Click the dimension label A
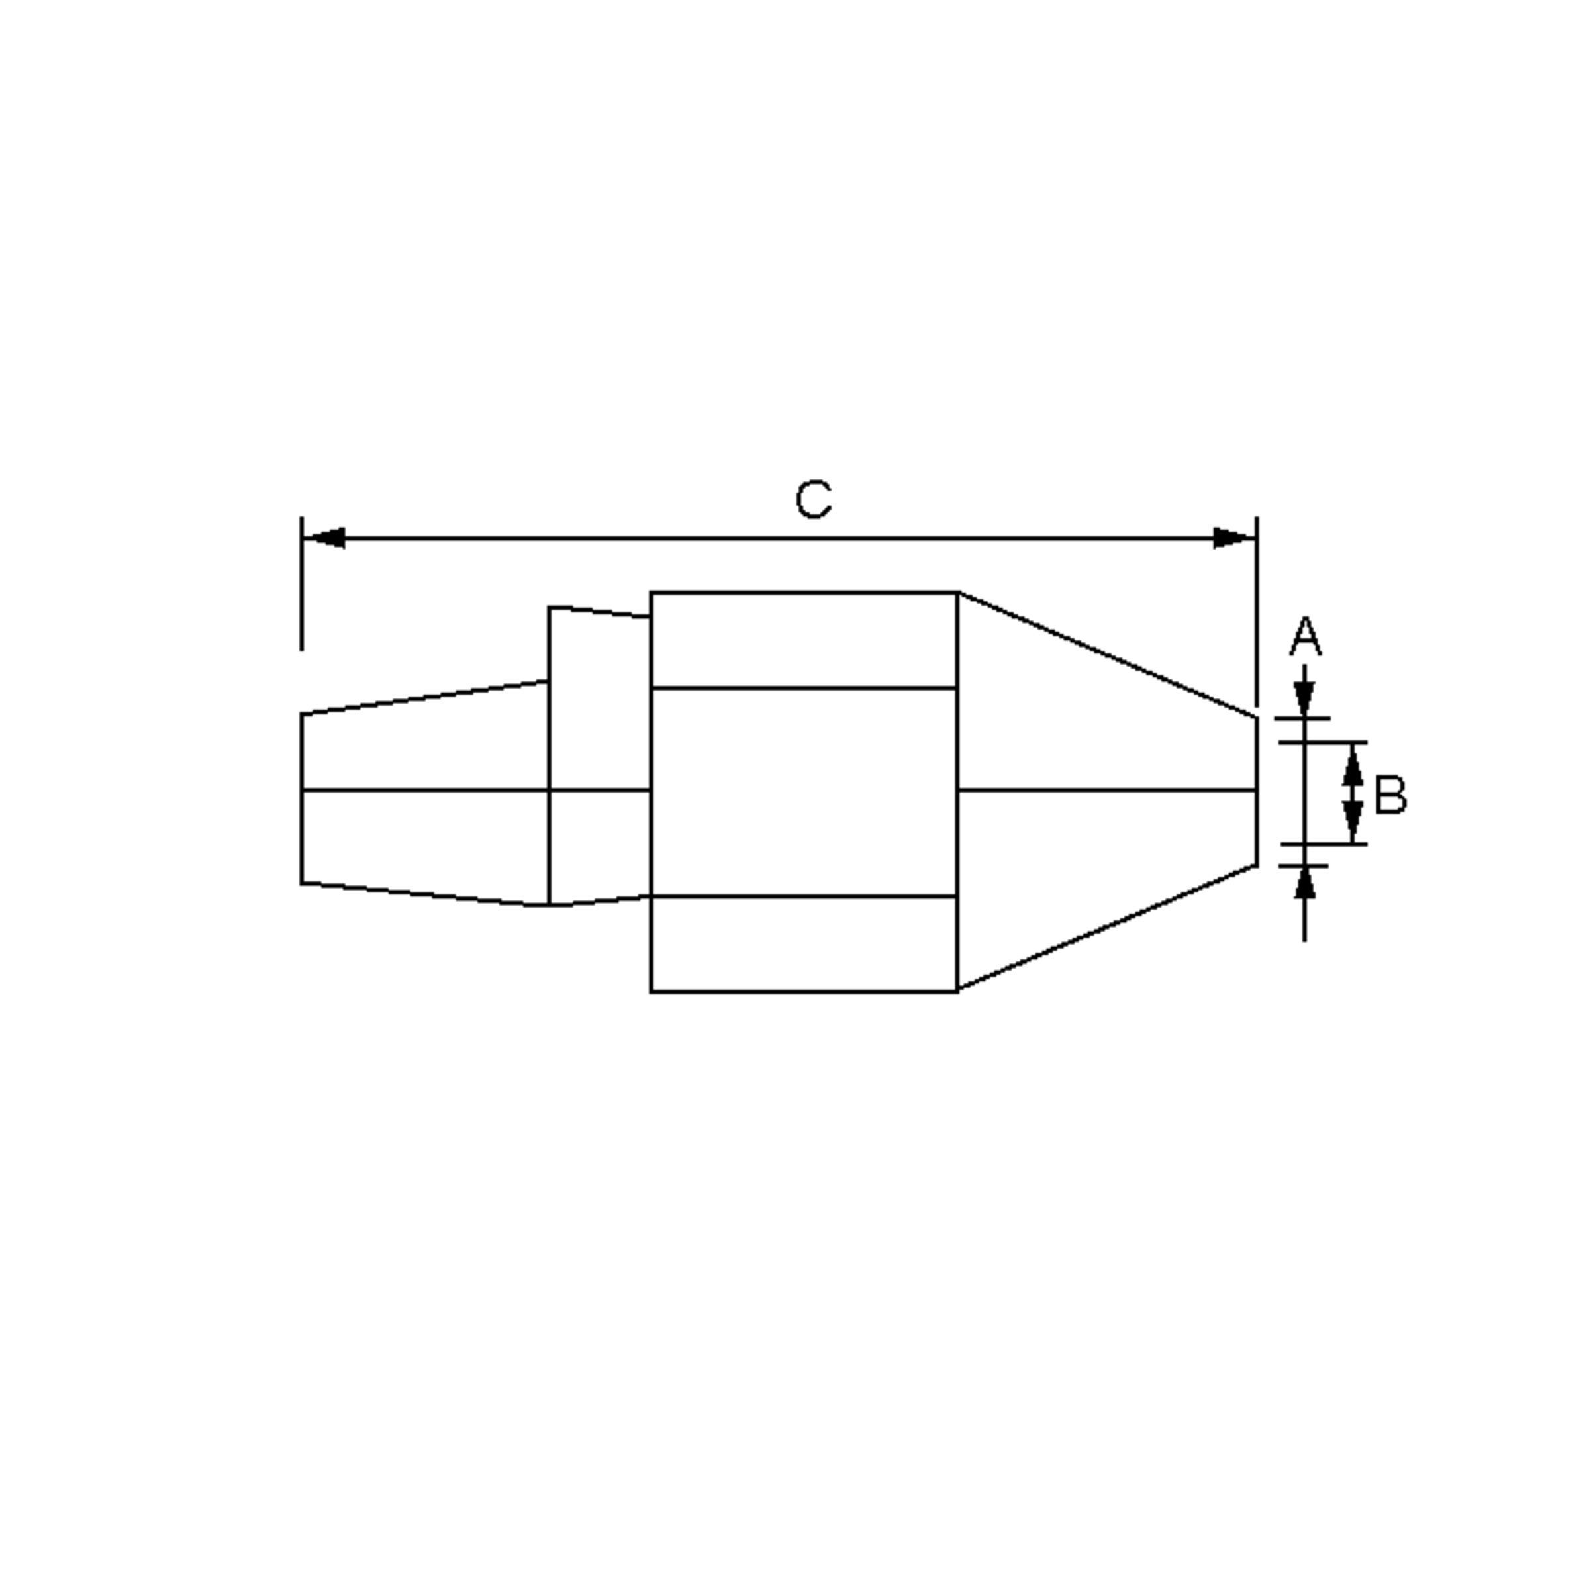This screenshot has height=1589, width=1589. [1305, 638]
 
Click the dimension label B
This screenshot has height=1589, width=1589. [1390, 794]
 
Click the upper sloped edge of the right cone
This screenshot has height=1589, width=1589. [1106, 655]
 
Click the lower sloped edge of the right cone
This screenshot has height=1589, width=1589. [1106, 928]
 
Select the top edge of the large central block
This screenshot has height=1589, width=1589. [804, 592]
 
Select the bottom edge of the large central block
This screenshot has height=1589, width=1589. [804, 992]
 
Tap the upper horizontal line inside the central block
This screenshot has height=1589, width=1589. [804, 688]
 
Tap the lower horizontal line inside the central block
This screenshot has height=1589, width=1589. [804, 896]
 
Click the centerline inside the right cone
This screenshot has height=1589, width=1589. [1106, 791]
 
